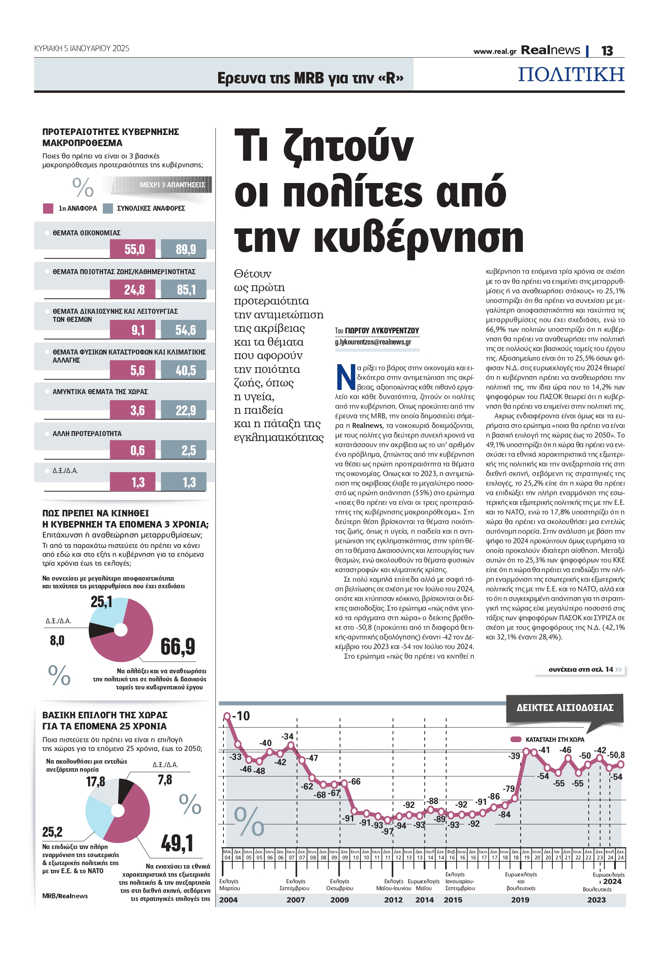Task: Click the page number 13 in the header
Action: [x=607, y=51]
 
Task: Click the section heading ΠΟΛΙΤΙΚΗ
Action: [x=571, y=74]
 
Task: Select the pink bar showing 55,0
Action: [x=133, y=249]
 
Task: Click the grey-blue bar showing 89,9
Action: [x=184, y=249]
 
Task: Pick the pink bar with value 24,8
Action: [x=133, y=289]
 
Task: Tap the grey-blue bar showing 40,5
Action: [x=184, y=370]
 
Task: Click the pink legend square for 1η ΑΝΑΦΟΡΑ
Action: [x=48, y=208]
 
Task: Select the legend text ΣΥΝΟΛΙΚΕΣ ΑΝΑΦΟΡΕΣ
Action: [x=151, y=208]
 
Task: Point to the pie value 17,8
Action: [x=95, y=781]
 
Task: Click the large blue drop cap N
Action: [x=345, y=376]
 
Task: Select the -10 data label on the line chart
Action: [x=241, y=716]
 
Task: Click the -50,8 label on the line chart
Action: [x=616, y=755]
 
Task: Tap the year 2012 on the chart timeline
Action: [x=393, y=900]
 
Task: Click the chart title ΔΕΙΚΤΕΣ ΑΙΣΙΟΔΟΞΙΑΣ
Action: [x=564, y=708]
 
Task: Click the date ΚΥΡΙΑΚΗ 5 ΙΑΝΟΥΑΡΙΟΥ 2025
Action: [x=82, y=48]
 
